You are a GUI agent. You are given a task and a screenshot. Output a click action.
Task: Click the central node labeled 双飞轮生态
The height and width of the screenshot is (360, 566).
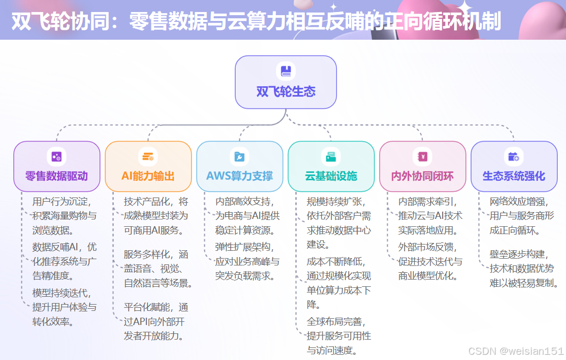285,82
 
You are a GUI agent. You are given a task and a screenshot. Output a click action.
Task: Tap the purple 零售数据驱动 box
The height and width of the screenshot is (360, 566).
56,166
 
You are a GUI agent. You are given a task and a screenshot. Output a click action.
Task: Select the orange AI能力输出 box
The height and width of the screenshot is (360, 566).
148,166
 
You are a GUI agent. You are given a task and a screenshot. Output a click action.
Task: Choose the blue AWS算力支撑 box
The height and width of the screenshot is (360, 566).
239,166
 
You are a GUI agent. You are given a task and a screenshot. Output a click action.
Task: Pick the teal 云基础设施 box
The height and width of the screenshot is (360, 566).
331,166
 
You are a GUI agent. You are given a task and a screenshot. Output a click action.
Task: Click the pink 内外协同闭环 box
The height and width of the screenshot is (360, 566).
422,166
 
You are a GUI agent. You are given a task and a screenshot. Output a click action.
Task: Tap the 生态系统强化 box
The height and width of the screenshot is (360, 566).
514,166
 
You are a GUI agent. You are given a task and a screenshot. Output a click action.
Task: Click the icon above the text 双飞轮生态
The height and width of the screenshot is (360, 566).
285,71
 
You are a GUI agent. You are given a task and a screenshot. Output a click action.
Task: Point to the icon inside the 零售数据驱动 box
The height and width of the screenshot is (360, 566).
56,156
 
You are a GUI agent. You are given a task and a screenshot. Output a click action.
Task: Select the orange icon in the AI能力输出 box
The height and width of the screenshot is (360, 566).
148,156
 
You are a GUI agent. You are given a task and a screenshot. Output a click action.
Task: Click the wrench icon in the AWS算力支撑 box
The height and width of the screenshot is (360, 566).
239,156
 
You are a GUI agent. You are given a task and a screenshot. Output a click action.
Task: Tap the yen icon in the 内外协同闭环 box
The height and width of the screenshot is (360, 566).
422,156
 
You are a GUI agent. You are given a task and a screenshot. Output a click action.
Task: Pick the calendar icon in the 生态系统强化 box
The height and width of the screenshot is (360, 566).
514,156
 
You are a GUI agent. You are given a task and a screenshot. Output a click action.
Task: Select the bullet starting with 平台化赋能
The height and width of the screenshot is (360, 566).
156,321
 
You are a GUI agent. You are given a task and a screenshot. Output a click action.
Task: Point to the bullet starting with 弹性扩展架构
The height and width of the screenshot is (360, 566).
247,261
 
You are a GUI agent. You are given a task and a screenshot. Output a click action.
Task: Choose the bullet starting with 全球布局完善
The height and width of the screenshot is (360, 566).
339,335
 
